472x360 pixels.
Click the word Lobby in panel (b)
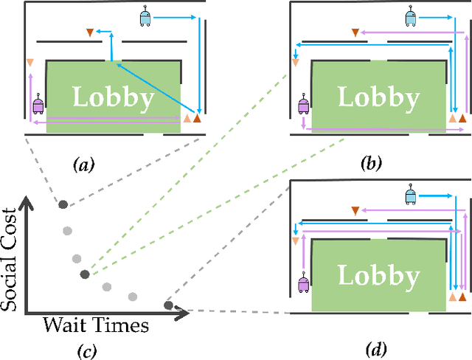(x=378, y=97)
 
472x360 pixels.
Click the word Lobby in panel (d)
(x=378, y=275)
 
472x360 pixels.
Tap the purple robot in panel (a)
(x=38, y=104)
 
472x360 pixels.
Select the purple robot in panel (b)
(x=303, y=104)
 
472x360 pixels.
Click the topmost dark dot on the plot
(x=63, y=204)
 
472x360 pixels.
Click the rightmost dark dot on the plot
(x=168, y=305)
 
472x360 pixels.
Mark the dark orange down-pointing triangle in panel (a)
(x=90, y=32)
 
